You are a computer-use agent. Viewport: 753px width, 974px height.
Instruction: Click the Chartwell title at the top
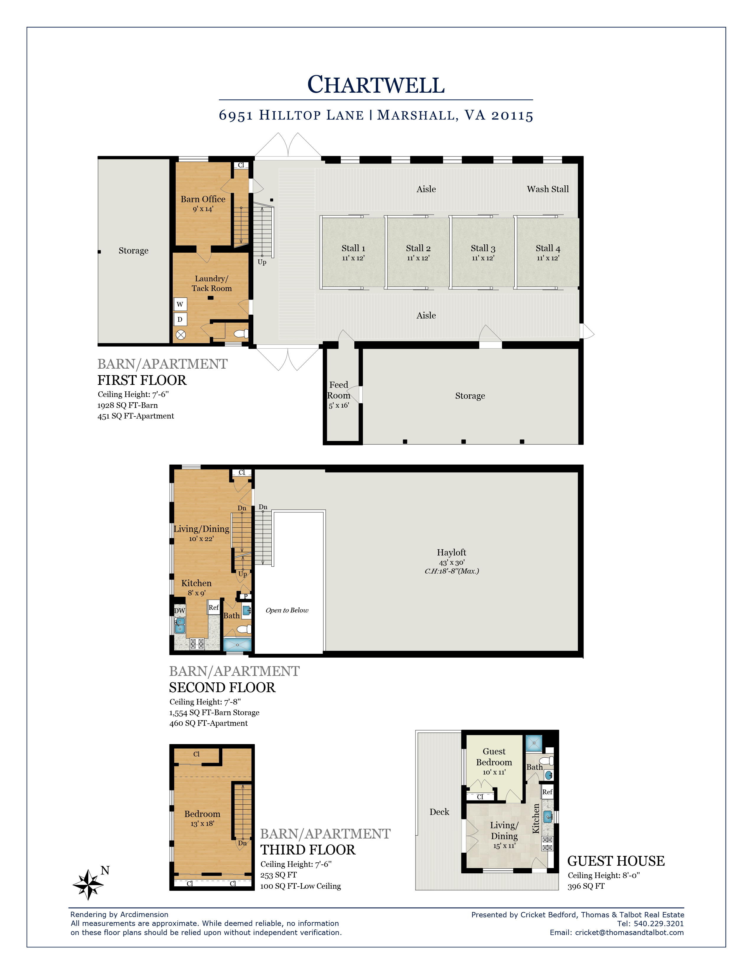click(376, 84)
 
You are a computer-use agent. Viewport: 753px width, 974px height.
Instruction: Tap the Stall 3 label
click(483, 249)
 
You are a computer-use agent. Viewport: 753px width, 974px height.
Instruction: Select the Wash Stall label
click(548, 189)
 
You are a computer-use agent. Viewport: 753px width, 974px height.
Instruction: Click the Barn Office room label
click(203, 199)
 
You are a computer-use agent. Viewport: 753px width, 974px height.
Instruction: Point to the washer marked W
click(180, 304)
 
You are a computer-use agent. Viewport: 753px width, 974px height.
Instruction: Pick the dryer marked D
click(180, 319)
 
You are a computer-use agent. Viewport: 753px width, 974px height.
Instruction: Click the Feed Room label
click(339, 390)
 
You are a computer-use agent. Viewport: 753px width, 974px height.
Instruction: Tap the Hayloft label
click(452, 553)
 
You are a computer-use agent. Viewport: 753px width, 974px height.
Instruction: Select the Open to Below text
click(287, 610)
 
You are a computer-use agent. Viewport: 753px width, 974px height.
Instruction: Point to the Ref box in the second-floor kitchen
click(214, 607)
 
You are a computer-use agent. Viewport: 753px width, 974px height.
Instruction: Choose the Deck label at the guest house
click(439, 812)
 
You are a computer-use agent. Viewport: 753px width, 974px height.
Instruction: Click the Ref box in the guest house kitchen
click(547, 792)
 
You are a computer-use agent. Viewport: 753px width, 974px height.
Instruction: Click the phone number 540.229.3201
click(659, 924)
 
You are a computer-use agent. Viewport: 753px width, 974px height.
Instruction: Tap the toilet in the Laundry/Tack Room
click(241, 333)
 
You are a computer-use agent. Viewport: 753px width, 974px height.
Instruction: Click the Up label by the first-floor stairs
click(262, 262)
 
